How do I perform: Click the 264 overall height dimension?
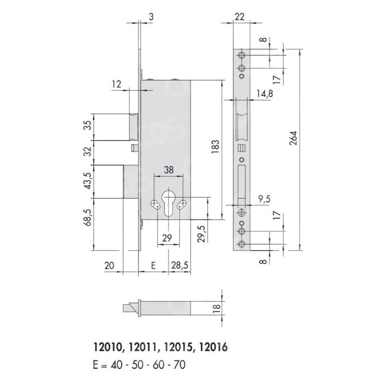294,138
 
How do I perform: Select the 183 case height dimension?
215,147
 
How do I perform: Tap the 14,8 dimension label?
265,93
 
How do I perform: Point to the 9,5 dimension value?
264,199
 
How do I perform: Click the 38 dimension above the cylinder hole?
169,170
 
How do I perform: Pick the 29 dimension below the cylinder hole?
167,238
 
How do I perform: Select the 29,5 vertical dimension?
202,234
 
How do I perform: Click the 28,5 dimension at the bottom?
180,265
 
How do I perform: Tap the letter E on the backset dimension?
153,266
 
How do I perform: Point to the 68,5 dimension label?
88,218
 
